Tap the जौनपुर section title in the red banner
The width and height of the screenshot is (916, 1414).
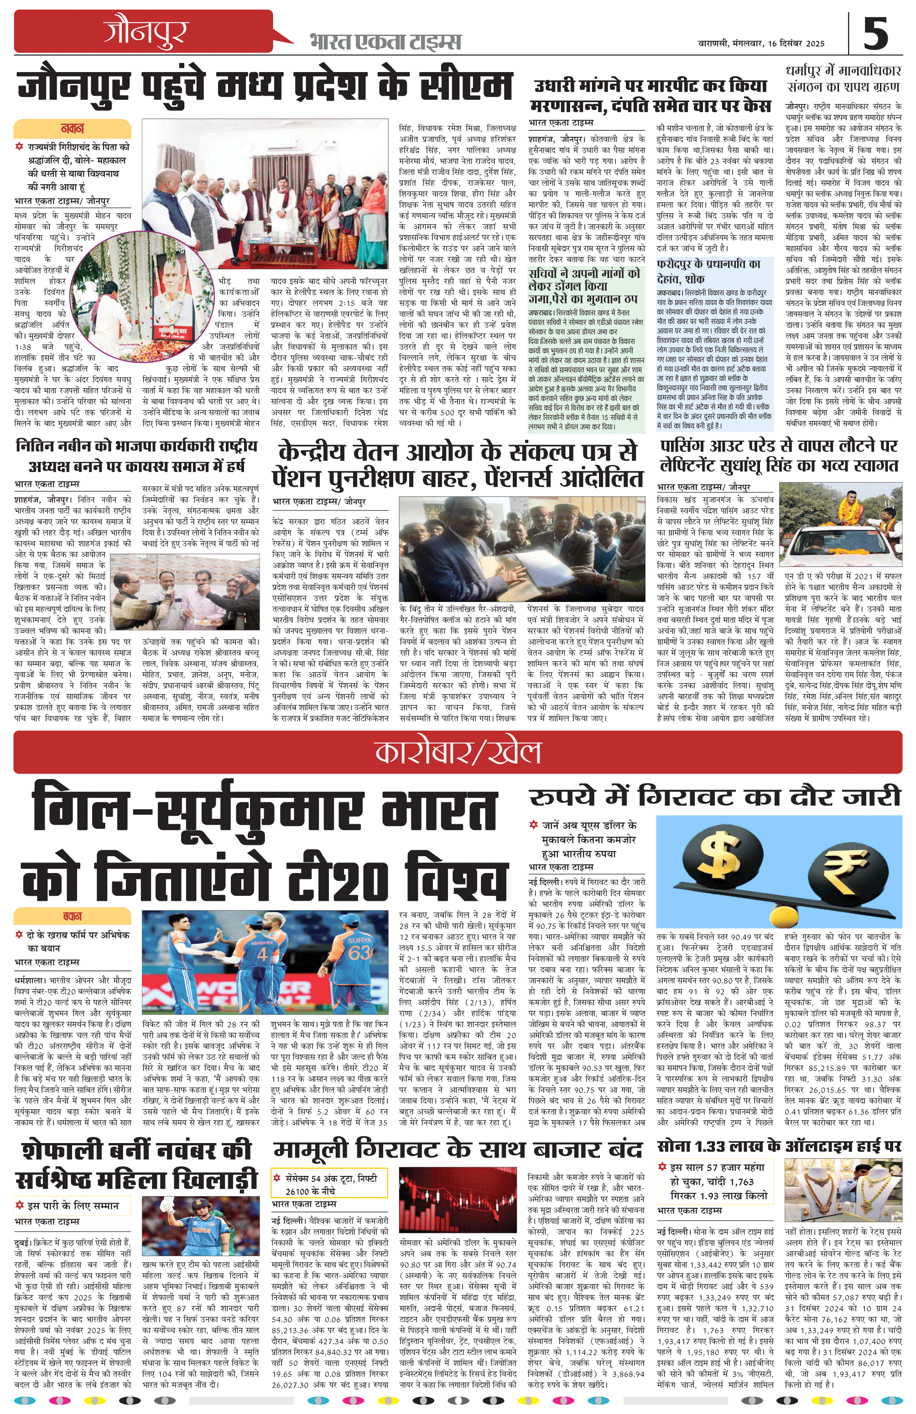146,33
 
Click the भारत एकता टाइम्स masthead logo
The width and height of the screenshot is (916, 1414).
385,42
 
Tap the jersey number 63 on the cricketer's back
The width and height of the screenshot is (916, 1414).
360,951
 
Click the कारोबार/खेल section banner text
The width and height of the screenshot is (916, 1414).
458,752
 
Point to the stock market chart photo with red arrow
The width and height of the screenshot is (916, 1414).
458,1196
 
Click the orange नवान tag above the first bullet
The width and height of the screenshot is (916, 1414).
72,128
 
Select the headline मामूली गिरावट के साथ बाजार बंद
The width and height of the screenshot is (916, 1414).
458,1149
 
